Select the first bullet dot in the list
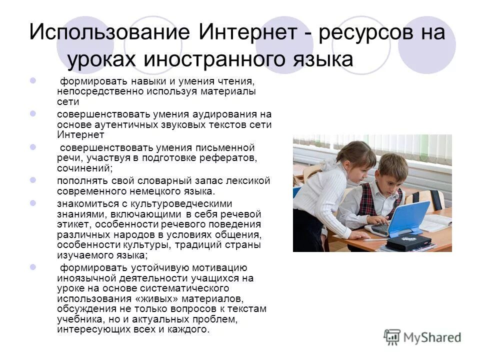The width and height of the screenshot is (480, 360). click(x=33, y=80)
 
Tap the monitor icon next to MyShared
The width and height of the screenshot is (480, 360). click(x=392, y=337)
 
